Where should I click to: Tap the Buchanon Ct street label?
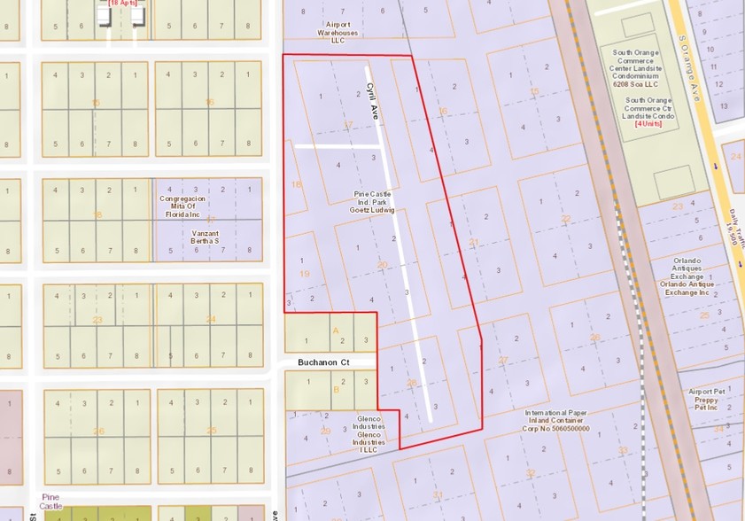[326, 362]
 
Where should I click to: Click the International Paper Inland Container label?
[557, 421]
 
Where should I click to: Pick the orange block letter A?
[335, 330]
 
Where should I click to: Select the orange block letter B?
[335, 390]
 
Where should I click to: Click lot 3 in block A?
[366, 340]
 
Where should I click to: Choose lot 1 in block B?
[307, 382]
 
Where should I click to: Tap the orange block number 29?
[325, 431]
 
